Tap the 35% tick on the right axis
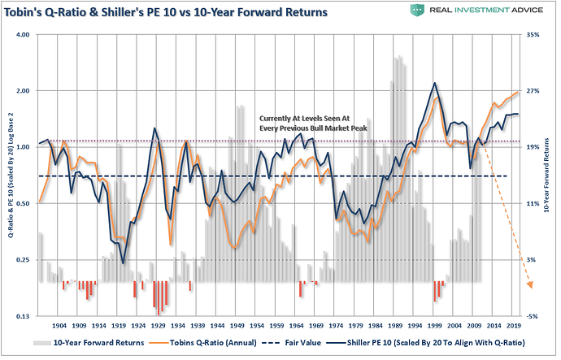pos(533,35)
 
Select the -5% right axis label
pos(533,315)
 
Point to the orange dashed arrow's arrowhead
pos(531,284)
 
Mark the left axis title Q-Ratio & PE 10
pos(10,175)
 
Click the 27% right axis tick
pos(533,91)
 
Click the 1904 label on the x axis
pos(59,323)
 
